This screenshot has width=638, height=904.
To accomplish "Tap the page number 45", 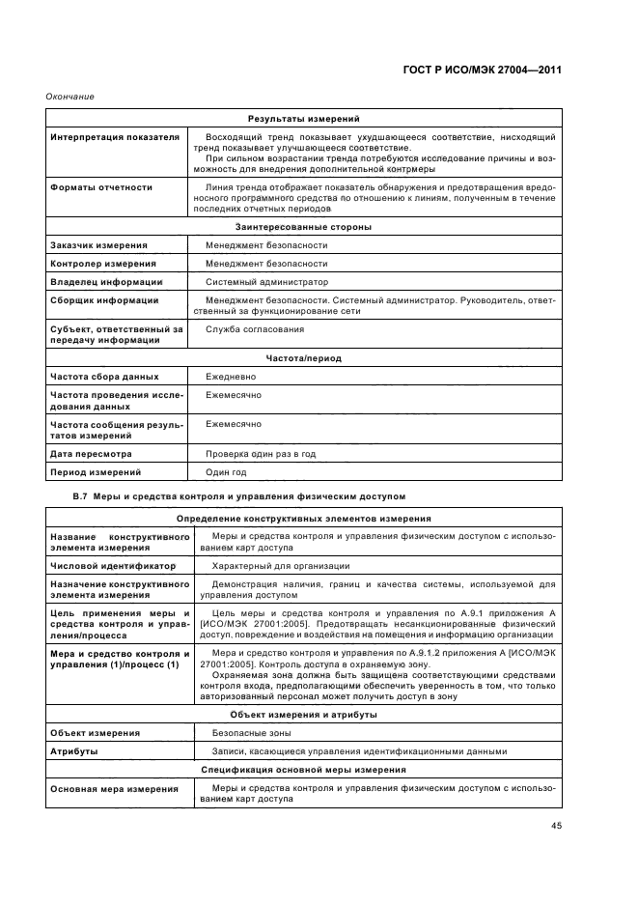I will [x=557, y=825].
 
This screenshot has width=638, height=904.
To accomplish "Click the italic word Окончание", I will [x=69, y=96].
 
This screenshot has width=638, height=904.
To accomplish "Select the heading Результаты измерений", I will [x=303, y=118].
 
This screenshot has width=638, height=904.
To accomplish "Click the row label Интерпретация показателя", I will [x=115, y=137].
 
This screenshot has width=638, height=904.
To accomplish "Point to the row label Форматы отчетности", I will [x=101, y=187].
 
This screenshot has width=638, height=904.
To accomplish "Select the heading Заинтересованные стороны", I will [x=303, y=227].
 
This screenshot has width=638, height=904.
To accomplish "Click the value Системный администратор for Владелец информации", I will [x=266, y=282].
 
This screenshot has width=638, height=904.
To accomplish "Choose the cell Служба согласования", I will [x=255, y=329].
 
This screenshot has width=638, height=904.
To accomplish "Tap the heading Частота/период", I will [x=303, y=357].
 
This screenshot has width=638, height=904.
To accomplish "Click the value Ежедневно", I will [x=231, y=376].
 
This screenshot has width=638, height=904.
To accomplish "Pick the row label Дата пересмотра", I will [x=92, y=453].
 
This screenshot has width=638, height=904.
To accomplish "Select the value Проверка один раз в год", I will [x=261, y=453].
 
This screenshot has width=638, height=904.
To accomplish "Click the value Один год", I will [x=226, y=472].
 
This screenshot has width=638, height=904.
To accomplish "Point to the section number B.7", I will [x=81, y=496].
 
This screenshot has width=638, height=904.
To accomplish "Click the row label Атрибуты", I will [x=73, y=751].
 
